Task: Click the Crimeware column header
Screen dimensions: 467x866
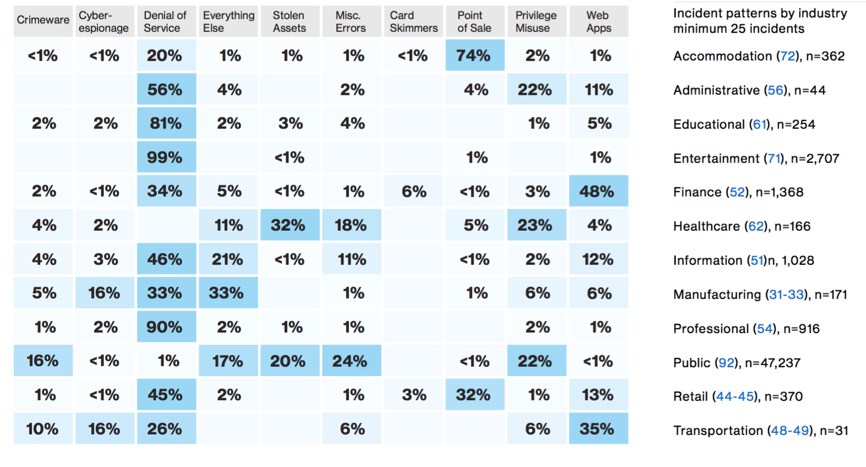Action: (x=43, y=21)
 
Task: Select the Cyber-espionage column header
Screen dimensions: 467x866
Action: (x=104, y=21)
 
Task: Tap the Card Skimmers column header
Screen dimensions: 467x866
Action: (x=414, y=21)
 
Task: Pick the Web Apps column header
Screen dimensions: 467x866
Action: (x=599, y=21)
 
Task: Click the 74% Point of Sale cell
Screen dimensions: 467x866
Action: (x=474, y=56)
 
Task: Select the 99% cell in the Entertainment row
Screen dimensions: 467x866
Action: (x=165, y=158)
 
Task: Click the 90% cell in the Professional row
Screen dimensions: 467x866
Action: (x=165, y=327)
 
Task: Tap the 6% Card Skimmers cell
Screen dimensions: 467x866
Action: (x=414, y=192)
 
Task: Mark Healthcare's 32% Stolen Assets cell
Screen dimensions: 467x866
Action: (x=289, y=225)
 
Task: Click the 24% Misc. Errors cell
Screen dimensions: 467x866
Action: (x=350, y=361)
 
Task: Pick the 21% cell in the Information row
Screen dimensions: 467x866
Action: (x=227, y=259)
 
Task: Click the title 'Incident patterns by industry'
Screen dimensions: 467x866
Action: (x=760, y=13)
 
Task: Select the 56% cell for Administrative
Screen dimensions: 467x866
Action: (x=165, y=90)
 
